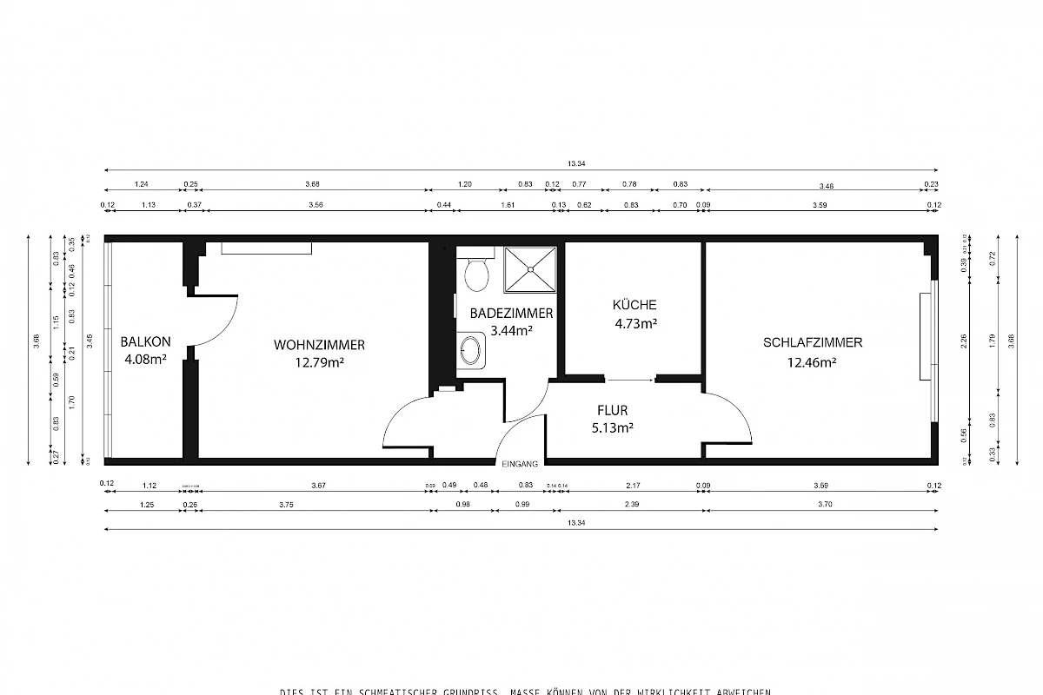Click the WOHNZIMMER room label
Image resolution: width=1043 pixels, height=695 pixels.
(x=319, y=345)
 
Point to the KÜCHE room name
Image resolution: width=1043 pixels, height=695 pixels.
(x=634, y=305)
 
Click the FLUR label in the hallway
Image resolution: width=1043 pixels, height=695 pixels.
(x=612, y=410)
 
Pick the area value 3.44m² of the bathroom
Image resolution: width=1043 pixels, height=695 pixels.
(x=511, y=330)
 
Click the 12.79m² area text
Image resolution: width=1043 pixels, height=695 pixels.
(x=319, y=363)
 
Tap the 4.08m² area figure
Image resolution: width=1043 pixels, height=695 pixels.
(x=144, y=360)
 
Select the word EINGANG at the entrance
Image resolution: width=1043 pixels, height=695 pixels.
(x=521, y=464)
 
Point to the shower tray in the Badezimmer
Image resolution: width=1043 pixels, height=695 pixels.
(x=529, y=270)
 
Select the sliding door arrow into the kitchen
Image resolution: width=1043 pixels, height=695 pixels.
(x=630, y=380)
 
